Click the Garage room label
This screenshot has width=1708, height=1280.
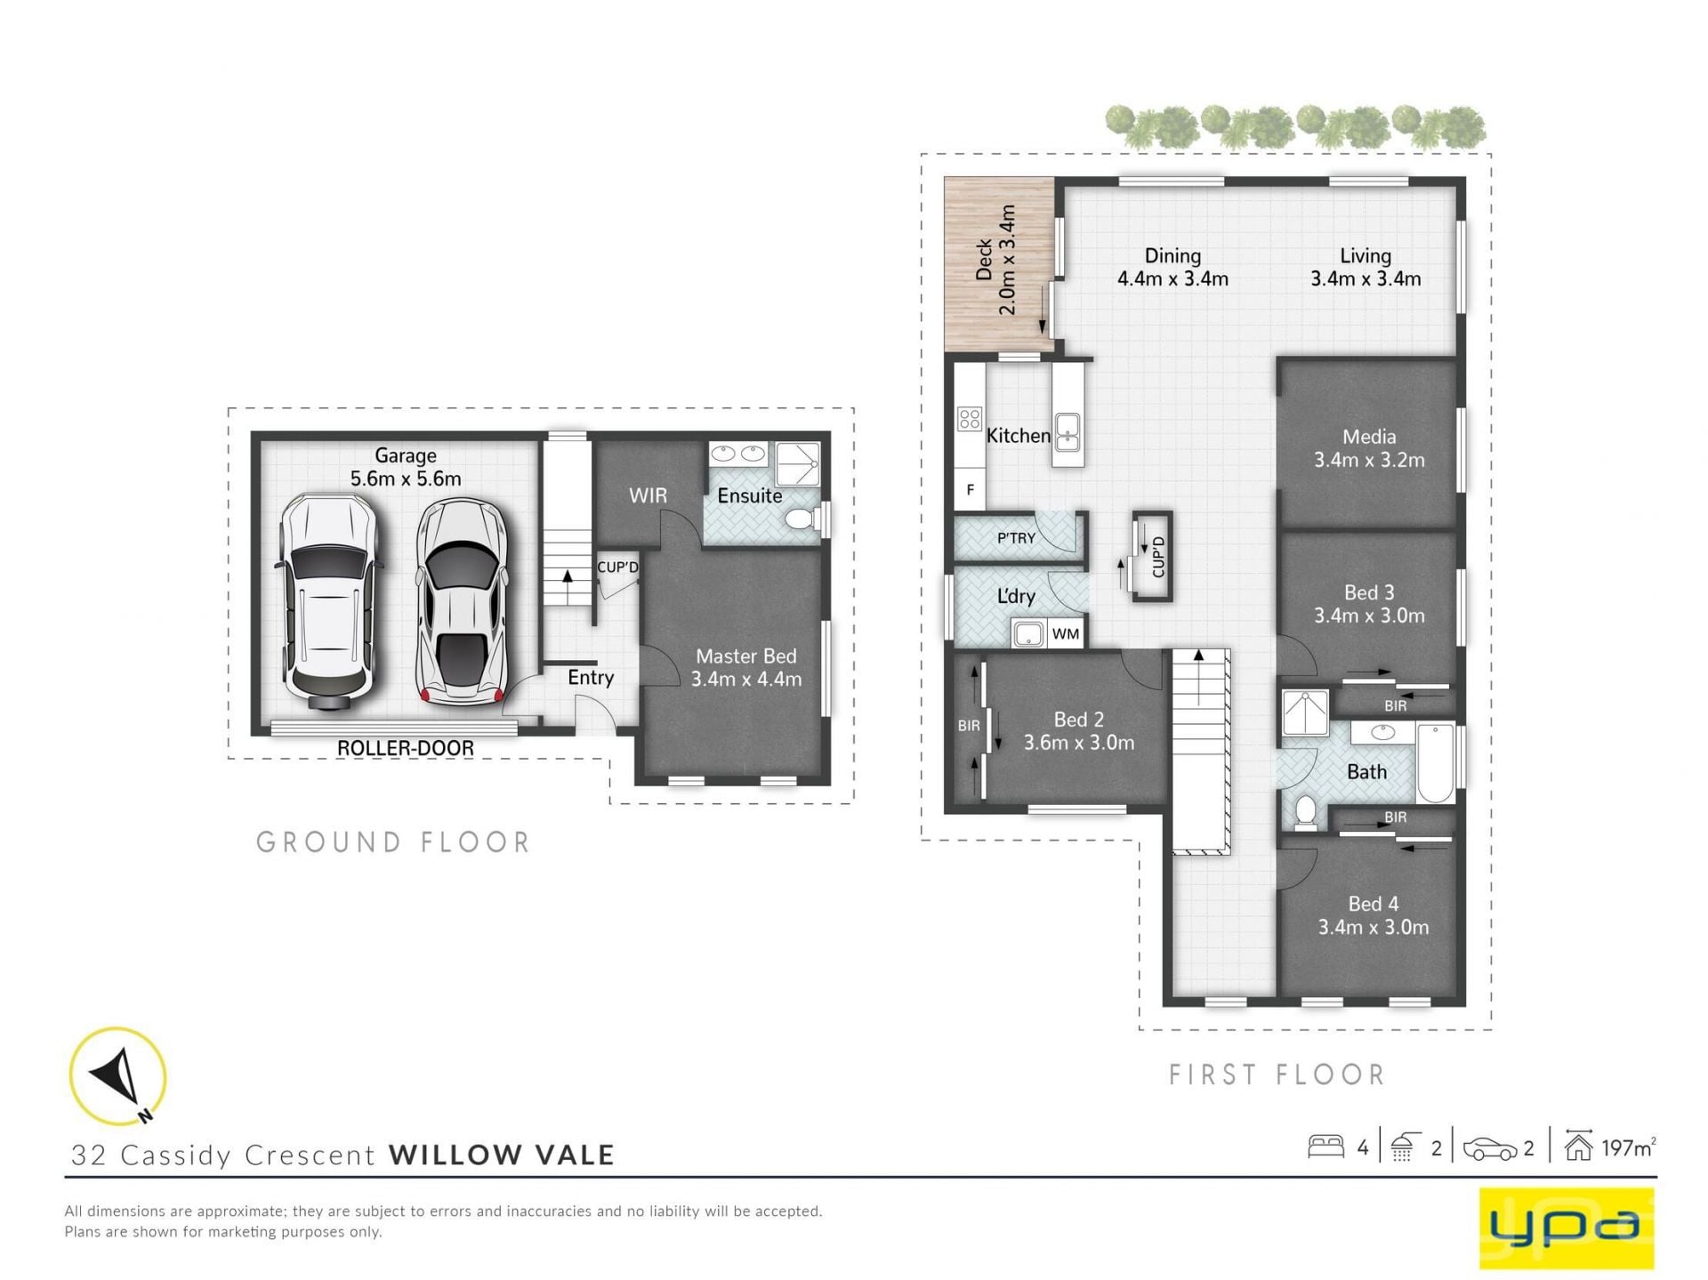406,455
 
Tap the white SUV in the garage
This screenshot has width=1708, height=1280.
329,602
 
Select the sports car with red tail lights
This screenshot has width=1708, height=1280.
461,602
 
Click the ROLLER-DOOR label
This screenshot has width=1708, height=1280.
405,748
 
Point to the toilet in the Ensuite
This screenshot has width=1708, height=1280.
805,519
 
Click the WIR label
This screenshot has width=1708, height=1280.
648,495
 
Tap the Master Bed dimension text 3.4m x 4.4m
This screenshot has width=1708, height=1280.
746,680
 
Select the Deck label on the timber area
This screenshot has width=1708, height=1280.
984,260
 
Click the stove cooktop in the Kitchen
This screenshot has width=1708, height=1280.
970,419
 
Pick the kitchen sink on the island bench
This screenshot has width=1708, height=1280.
1067,431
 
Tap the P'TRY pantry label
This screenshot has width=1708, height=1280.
1016,538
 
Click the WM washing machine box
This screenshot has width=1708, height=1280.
1066,634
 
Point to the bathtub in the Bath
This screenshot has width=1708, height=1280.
1435,763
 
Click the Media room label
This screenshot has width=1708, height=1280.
1369,437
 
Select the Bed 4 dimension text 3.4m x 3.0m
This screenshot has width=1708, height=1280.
1374,927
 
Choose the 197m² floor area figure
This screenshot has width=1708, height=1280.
1629,1147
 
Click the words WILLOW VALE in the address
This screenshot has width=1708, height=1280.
502,1155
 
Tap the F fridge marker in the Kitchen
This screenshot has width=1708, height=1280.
971,489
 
